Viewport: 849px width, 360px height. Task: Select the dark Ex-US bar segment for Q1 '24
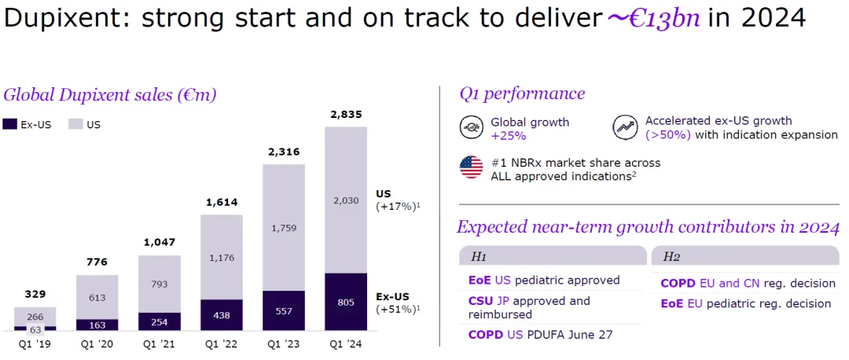[x=346, y=302]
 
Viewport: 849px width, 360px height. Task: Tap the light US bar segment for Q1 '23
[x=284, y=228]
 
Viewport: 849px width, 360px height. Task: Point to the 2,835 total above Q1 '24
[x=346, y=116]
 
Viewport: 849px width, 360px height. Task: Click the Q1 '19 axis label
[x=35, y=343]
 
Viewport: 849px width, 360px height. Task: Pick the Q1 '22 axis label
[x=222, y=343]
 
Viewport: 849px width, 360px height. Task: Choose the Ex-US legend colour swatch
[x=10, y=124]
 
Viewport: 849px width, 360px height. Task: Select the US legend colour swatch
[x=75, y=124]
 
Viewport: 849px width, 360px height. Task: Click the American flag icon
[x=472, y=167]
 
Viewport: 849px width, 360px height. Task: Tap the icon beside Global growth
[x=472, y=127]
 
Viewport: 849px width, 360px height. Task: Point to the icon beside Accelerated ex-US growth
[x=626, y=127]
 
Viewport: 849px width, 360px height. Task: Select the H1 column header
[x=479, y=256]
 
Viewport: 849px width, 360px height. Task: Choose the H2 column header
[x=671, y=256]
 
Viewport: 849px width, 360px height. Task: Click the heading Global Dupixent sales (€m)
[x=109, y=95]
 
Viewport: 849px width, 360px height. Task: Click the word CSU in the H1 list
[x=480, y=301]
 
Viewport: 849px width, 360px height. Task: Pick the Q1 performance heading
[x=522, y=94]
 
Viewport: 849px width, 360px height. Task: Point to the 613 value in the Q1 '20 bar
[x=97, y=297]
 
